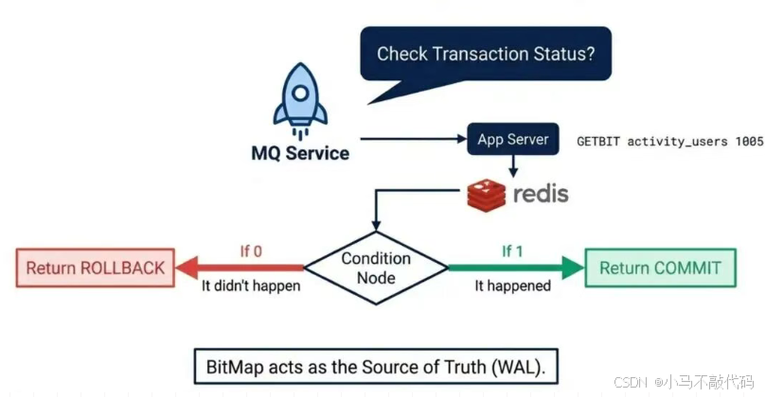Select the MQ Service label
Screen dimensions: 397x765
coord(299,153)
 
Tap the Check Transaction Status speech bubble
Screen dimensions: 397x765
coord(486,54)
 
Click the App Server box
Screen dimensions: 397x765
coord(512,139)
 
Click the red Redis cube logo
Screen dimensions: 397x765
coord(487,195)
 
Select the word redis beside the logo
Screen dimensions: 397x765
coord(541,194)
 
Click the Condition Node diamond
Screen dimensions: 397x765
coord(376,268)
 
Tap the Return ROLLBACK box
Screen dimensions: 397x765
coord(95,268)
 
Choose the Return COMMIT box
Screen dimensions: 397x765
coord(660,268)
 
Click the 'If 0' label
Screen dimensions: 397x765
coord(252,251)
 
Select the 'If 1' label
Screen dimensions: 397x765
coord(511,251)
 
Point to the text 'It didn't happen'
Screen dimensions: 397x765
coord(251,285)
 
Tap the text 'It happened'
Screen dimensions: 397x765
coord(512,285)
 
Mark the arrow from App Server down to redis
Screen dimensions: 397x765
coord(512,165)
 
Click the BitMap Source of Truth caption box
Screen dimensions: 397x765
coord(376,366)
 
